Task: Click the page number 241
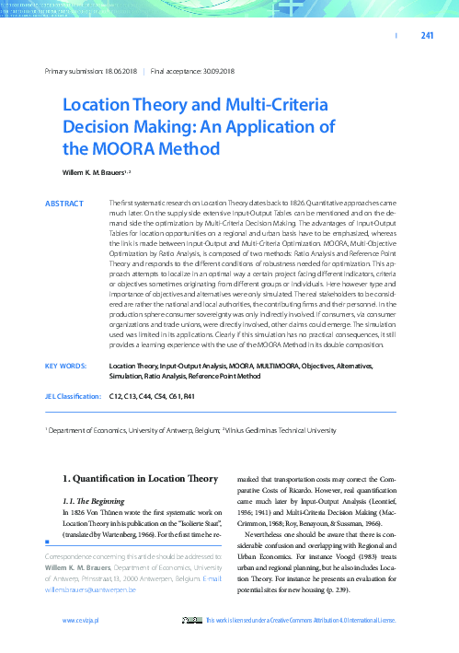click(426, 36)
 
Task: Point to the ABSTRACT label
click(64, 202)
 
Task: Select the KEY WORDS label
click(66, 366)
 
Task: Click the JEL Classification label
click(74, 396)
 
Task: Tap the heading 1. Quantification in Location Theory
click(140, 479)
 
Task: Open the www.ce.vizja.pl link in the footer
click(80, 623)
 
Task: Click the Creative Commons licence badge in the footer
click(191, 623)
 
